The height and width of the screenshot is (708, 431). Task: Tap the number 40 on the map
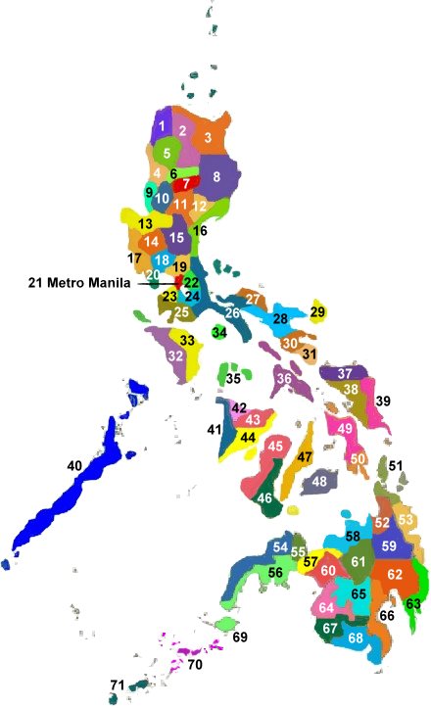tap(73, 466)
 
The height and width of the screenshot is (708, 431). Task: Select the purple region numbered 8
tap(217, 177)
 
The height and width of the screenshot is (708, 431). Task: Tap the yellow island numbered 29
tap(317, 311)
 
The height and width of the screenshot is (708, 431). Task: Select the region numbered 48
tap(319, 482)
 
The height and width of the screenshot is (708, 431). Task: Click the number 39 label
tap(383, 401)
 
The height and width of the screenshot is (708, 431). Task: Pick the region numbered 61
tap(359, 562)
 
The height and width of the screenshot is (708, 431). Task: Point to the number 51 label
tap(396, 466)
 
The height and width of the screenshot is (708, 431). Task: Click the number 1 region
tap(162, 126)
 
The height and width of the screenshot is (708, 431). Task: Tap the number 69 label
tap(241, 637)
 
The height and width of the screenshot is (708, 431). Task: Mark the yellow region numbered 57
tap(311, 562)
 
